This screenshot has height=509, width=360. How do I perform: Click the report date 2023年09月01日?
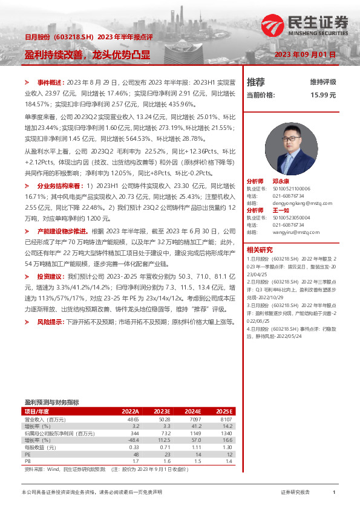[304, 54]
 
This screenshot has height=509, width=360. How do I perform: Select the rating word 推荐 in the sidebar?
[256, 82]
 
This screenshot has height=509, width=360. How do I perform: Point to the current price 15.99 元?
[323, 95]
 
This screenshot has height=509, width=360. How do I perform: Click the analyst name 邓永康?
[281, 181]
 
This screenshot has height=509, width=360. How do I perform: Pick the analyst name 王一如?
[281, 210]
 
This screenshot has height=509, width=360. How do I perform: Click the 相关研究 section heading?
[260, 249]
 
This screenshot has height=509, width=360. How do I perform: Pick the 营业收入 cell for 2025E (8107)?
[225, 419]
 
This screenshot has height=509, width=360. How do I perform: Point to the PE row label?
[28, 454]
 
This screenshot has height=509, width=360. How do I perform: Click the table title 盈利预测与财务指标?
[51, 402]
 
